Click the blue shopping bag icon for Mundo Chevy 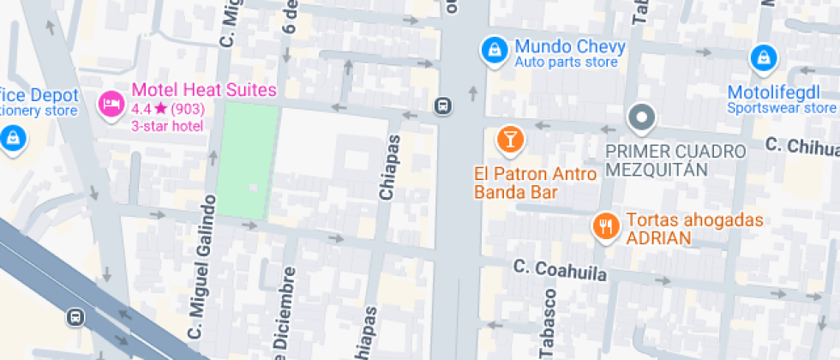(493, 49)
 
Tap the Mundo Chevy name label (569, 46)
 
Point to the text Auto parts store (566, 63)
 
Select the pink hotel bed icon (111, 105)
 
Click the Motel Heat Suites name (203, 90)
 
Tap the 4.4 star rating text (166, 109)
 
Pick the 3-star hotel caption (167, 126)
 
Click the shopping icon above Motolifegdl (762, 58)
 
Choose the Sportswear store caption (781, 108)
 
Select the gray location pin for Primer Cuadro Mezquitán (641, 117)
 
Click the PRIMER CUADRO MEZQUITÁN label (675, 159)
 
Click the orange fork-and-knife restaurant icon (607, 226)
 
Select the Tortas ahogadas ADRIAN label (693, 229)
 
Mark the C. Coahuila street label (561, 270)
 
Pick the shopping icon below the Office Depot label (12, 136)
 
